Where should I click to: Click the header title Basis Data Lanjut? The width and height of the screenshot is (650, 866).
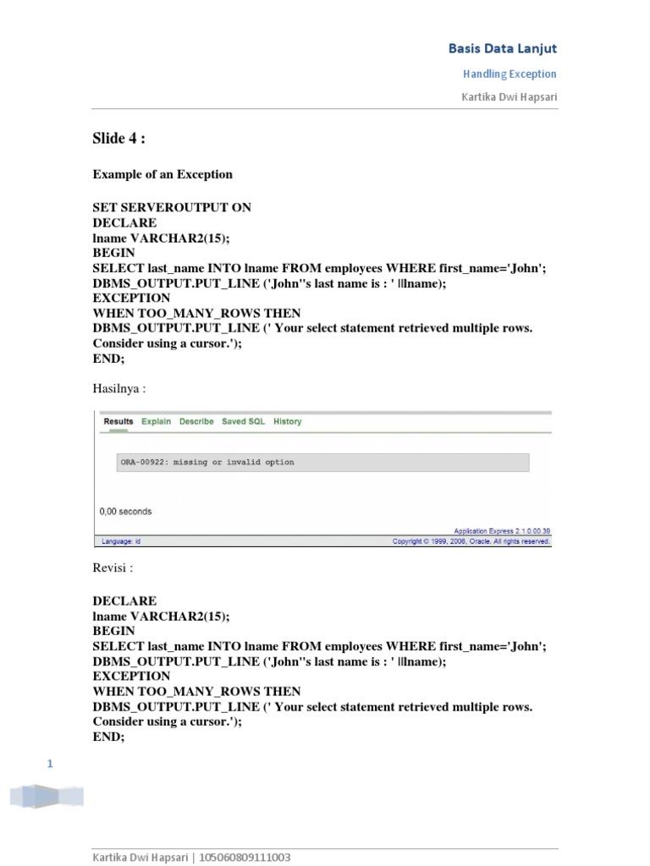[502, 49]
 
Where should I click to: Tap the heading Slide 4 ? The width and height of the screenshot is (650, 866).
[118, 140]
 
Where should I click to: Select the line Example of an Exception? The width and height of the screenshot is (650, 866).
[162, 174]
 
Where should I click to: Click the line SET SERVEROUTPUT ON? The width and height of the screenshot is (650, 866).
[172, 207]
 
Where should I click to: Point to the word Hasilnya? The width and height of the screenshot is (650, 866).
[117, 388]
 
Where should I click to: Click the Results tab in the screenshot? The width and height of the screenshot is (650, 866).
[118, 421]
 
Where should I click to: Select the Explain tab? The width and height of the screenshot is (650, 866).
[156, 421]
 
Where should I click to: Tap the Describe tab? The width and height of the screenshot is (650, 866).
[196, 421]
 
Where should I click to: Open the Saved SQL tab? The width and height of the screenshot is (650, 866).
[243, 421]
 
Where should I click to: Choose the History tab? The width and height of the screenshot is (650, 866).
[287, 421]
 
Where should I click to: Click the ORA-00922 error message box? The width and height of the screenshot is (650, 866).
[323, 463]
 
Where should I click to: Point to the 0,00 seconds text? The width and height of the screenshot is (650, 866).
[126, 511]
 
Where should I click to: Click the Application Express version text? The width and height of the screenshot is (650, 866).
[502, 531]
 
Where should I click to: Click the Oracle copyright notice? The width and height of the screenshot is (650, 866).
[471, 541]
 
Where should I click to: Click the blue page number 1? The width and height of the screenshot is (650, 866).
[50, 765]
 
